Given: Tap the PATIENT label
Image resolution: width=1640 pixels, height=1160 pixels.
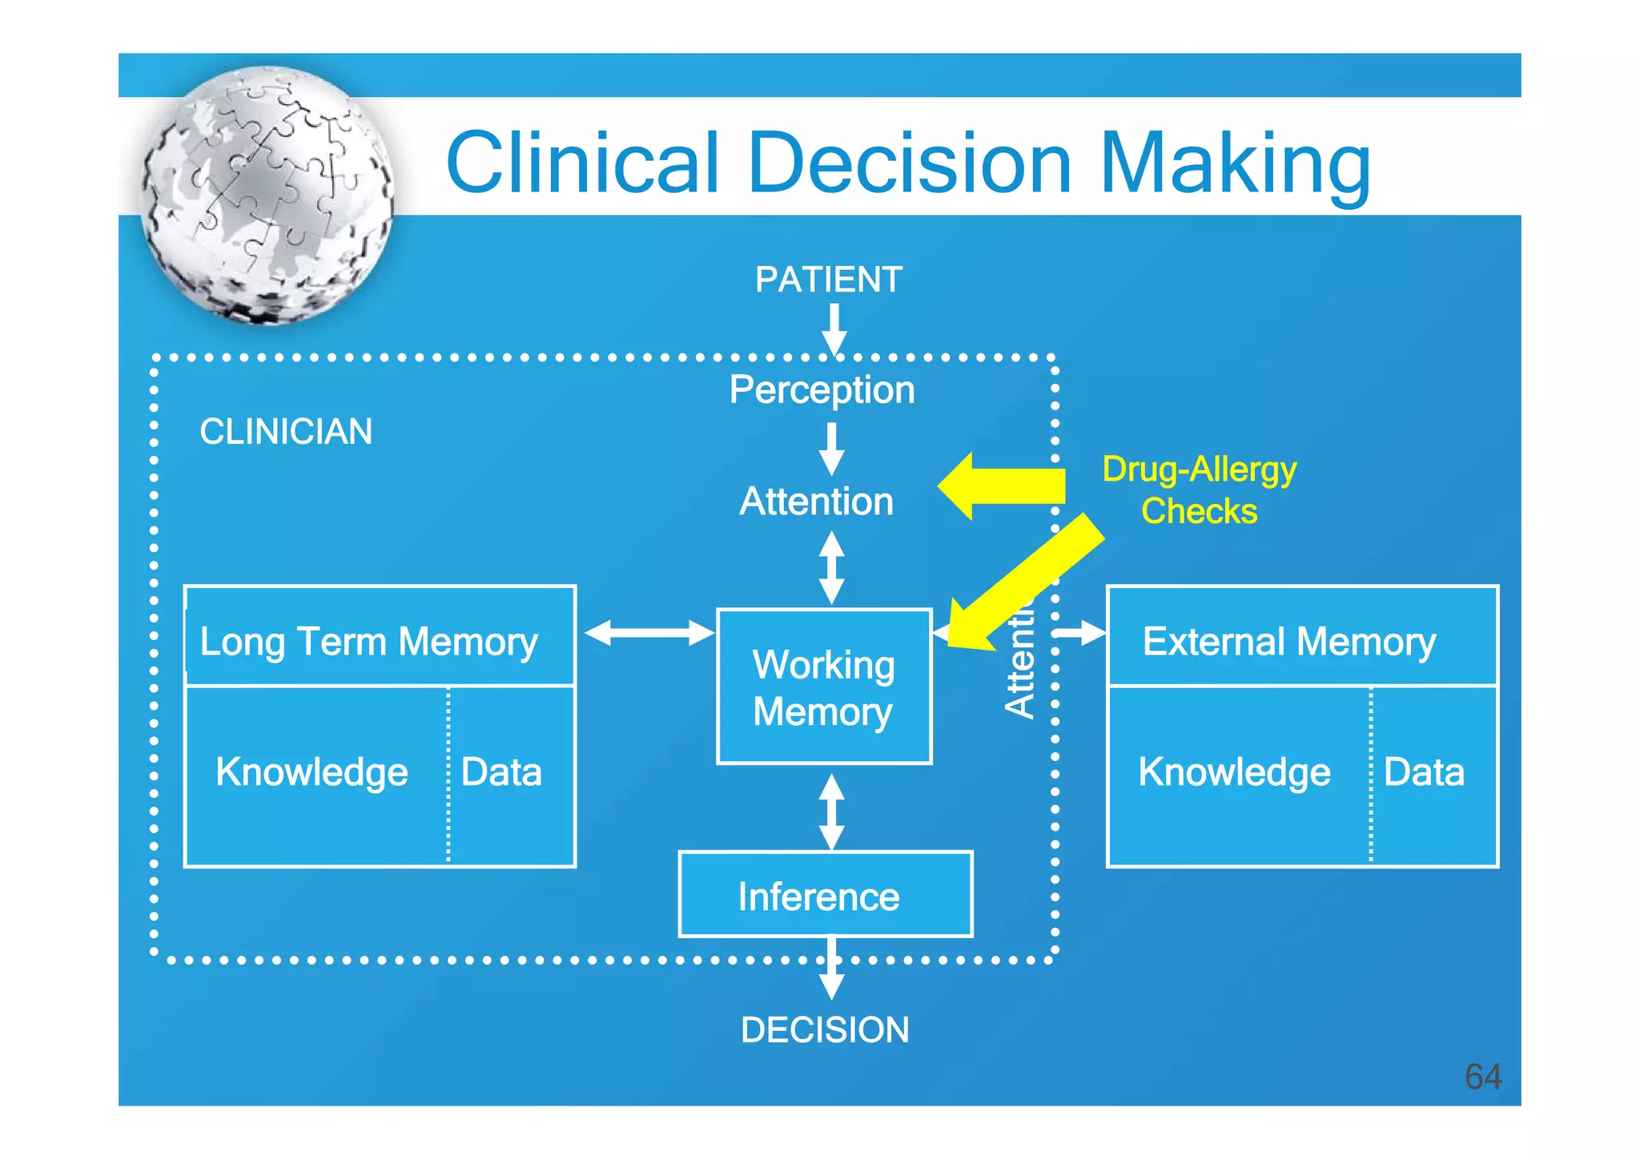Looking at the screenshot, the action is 829,280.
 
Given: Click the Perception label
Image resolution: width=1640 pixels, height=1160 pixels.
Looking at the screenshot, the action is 822,390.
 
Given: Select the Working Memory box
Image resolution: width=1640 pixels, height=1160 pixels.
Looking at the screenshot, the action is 824,687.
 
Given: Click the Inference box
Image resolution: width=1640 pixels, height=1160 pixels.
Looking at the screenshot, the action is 825,895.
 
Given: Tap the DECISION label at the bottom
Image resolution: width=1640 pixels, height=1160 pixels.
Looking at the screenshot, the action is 825,1030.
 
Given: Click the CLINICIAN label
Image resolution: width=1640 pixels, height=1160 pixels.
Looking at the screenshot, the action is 286,432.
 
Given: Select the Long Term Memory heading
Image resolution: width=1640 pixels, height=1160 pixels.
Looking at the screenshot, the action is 368,641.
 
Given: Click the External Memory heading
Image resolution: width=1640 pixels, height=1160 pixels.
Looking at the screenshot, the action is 1289,641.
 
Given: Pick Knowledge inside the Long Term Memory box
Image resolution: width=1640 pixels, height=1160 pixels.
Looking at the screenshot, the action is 312,772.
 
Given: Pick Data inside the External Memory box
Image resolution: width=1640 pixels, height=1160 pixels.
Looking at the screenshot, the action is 1424,772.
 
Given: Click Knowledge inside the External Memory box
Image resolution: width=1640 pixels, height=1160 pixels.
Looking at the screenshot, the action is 1234,772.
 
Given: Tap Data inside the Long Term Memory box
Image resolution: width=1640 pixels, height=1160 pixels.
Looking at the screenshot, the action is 501,772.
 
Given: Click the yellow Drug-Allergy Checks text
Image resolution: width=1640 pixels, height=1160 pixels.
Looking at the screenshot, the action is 1199,489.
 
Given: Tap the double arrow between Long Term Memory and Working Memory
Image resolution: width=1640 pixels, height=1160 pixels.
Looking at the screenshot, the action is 649,633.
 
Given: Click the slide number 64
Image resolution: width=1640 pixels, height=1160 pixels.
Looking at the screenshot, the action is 1482,1076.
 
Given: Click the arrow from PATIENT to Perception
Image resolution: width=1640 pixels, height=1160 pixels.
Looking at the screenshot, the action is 834,329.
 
